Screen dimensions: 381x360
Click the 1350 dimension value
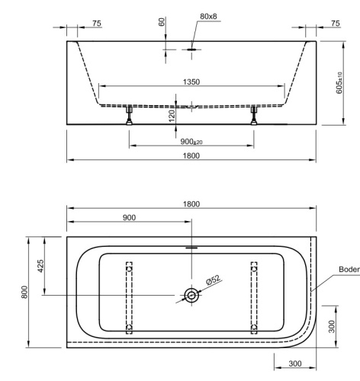click(x=191, y=82)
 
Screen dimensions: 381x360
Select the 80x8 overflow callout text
click(x=207, y=16)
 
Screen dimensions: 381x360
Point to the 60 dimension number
click(x=162, y=22)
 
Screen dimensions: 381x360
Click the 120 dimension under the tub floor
click(x=172, y=114)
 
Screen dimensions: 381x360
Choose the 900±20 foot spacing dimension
click(x=191, y=142)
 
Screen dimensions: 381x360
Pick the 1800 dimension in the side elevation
click(x=191, y=155)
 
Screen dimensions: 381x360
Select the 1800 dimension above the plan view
click(x=191, y=203)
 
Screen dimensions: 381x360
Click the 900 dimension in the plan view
click(x=129, y=217)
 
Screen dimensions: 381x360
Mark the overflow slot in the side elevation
click(x=191, y=50)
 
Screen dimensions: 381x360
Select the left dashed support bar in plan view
click(x=128, y=296)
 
